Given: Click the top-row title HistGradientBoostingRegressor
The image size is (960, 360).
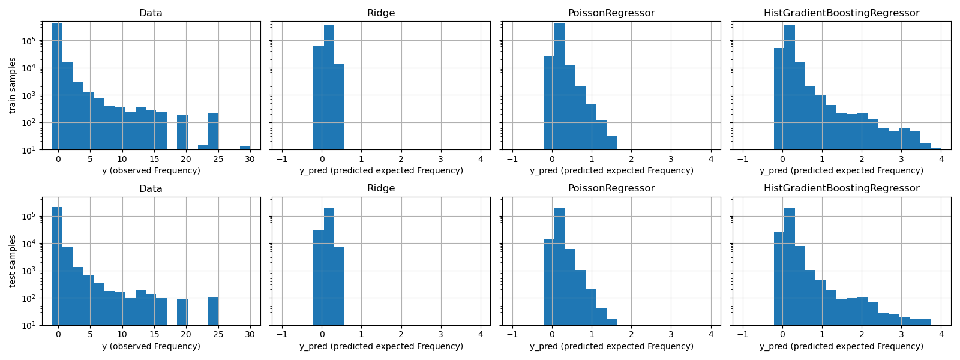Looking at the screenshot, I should click(x=841, y=13).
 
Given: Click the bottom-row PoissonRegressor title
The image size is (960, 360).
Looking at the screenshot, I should click(x=611, y=188).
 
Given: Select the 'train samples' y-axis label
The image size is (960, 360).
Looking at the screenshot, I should click(x=13, y=85).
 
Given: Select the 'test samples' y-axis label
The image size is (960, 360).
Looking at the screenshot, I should click(x=13, y=261).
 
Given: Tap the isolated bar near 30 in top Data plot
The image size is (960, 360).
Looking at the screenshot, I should click(x=245, y=148).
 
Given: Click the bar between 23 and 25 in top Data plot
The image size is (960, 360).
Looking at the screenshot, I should click(x=213, y=132).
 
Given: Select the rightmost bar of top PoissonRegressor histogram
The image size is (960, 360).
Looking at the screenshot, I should click(x=611, y=143).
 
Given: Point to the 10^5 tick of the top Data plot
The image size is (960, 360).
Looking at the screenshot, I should click(x=31, y=41).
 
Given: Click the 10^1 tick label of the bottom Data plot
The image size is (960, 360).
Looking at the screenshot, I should click(x=31, y=325).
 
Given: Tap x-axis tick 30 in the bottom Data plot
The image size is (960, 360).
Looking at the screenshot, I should click(x=250, y=335).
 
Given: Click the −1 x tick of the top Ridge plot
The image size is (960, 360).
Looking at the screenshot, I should click(x=282, y=159).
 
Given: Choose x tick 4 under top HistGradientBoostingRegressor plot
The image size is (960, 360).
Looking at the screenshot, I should click(x=941, y=159).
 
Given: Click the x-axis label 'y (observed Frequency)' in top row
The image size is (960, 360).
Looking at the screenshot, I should click(x=151, y=170).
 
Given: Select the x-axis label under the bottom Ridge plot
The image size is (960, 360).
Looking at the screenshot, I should click(x=381, y=346).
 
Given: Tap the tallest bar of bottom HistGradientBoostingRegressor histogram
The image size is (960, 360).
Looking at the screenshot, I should click(x=790, y=267).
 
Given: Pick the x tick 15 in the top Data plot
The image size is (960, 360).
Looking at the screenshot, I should click(x=154, y=159).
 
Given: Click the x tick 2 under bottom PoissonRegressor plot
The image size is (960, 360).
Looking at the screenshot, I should click(x=631, y=335).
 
